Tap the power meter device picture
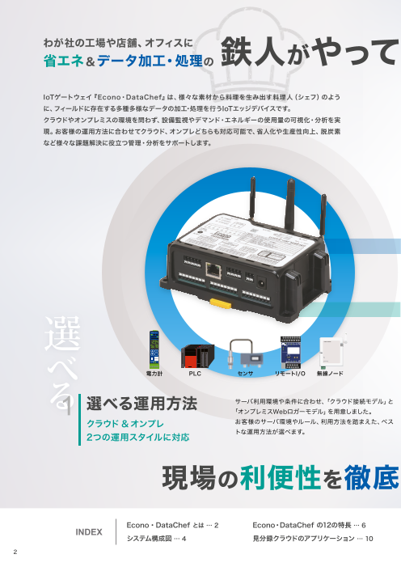tap(154, 351)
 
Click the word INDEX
tap(89, 532)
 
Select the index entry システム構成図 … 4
tap(158, 539)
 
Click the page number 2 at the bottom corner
tap(14, 553)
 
